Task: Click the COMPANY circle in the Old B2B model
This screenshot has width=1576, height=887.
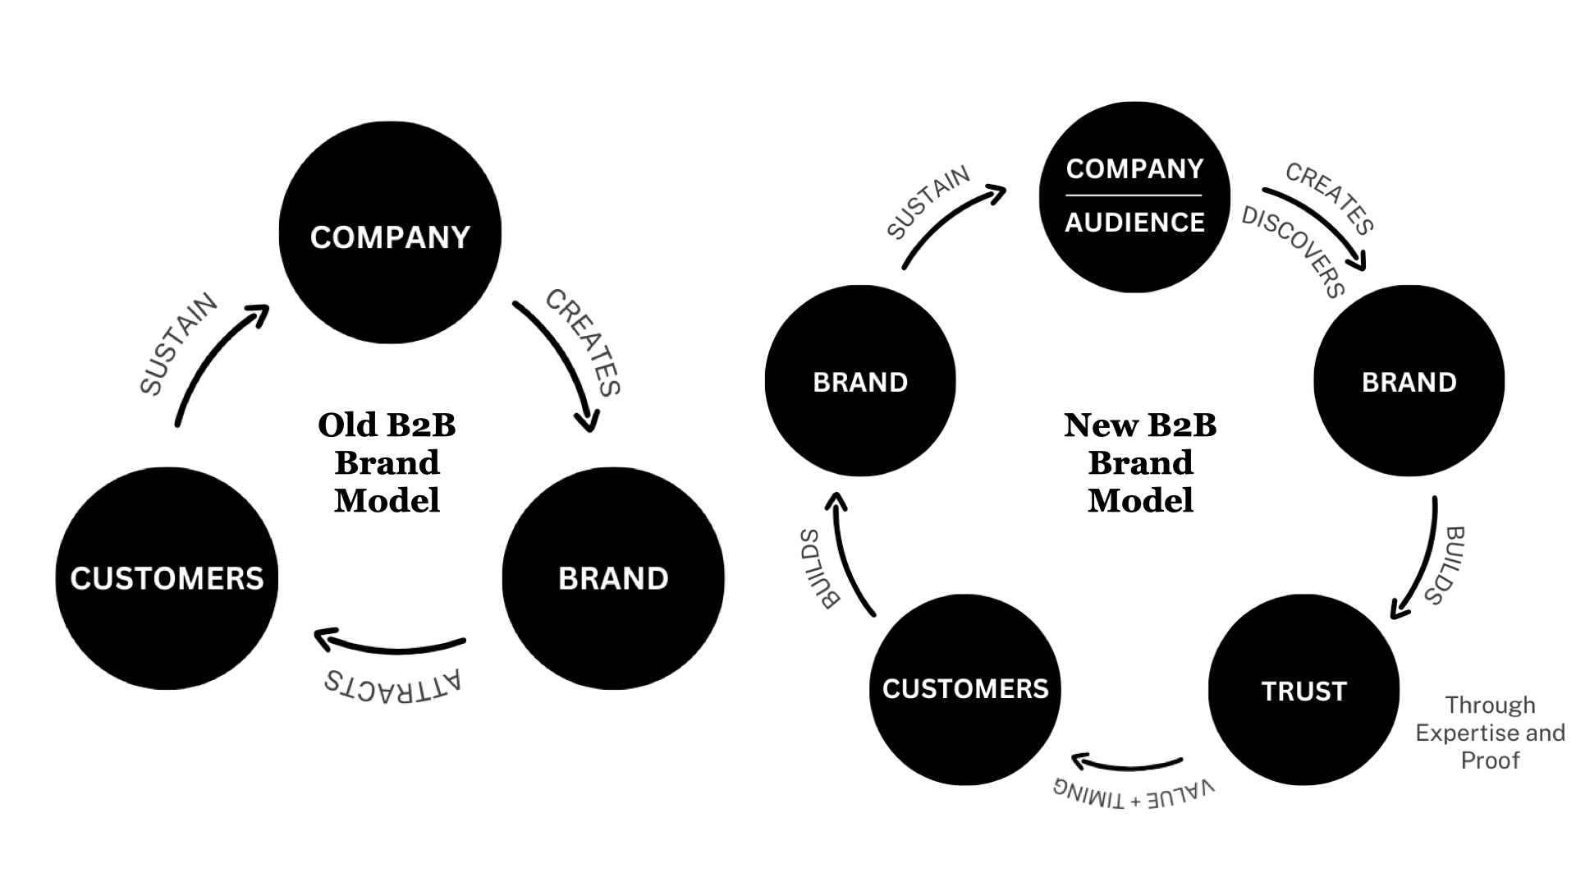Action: click(x=390, y=232)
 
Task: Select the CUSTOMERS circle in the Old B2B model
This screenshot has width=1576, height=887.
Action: click(x=167, y=578)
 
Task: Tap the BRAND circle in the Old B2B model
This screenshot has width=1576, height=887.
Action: click(x=613, y=578)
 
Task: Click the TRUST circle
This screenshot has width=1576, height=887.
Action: click(x=1303, y=690)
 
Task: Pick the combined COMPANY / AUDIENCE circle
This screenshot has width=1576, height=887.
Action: click(x=1134, y=196)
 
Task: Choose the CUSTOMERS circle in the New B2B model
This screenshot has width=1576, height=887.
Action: click(x=965, y=689)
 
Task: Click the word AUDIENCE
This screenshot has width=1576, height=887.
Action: click(x=1134, y=222)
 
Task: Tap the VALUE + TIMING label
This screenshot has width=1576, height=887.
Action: click(x=1134, y=793)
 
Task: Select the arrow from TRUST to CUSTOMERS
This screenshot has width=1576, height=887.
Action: click(x=1127, y=765)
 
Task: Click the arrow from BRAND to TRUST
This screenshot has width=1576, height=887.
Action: click(x=1420, y=558)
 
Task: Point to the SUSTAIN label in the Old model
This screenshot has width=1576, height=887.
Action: click(x=179, y=344)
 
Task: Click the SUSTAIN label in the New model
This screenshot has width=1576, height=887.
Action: click(x=928, y=202)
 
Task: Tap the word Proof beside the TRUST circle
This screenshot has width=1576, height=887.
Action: click(x=1490, y=761)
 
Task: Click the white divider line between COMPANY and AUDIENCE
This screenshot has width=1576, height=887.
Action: click(x=1134, y=195)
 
